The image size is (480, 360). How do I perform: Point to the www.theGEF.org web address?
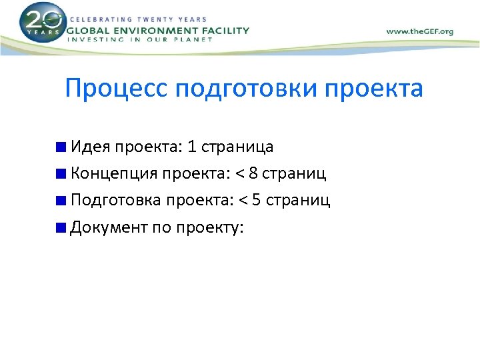[419, 31]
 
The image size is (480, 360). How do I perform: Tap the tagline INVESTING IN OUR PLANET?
[140, 40]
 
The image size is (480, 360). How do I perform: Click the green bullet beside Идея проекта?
[61, 147]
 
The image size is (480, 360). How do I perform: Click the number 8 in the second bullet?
[253, 174]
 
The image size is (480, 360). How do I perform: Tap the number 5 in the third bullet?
[257, 201]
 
